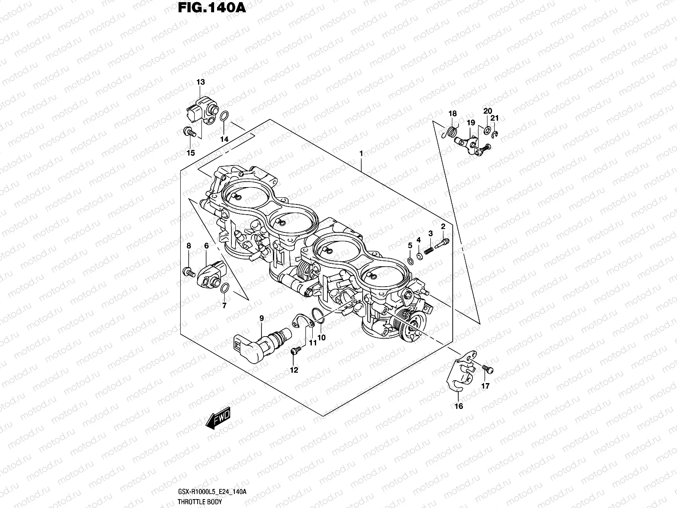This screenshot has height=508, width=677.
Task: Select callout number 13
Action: (201, 82)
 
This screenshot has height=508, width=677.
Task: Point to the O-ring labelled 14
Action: (226, 116)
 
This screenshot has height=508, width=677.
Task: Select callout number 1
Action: (361, 153)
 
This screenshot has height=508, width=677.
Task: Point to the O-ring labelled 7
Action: (226, 288)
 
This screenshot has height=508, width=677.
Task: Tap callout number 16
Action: (458, 406)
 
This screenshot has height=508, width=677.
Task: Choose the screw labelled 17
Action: (487, 369)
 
